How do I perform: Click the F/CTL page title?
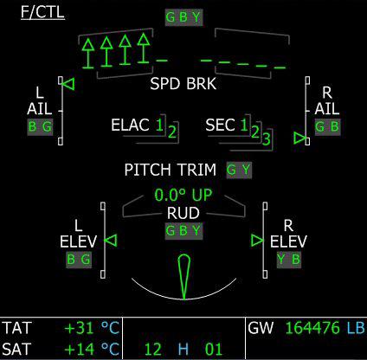coord(42,13)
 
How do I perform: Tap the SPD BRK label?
coord(183,84)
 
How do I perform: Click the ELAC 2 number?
coord(172,132)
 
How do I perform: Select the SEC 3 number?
coord(266,138)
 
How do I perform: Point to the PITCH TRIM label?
coord(171,170)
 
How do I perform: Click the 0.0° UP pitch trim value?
coord(183,195)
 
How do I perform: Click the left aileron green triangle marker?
coord(68,84)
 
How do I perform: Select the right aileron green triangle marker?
coord(299,138)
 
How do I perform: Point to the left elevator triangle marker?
coord(111,241)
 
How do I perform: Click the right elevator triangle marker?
coord(257,241)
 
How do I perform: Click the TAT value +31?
coord(80,328)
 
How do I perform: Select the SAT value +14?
coord(80,349)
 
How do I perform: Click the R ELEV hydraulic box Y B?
coord(289,260)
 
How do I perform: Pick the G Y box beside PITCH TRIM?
coord(239,170)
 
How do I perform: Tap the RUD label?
coord(183,213)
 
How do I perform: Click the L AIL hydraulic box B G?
coord(40,127)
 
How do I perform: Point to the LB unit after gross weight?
coord(356,328)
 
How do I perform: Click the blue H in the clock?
coord(183,349)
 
